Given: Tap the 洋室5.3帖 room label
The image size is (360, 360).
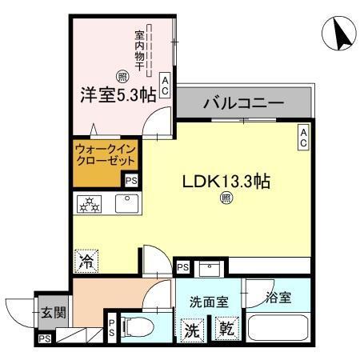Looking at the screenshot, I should tap(117, 94).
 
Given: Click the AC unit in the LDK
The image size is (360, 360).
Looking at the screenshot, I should tap(304, 137).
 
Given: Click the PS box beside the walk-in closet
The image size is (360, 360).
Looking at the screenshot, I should tap(130, 182).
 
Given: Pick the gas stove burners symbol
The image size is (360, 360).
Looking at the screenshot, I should tap(89, 204).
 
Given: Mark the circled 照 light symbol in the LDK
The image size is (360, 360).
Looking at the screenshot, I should tap(226, 199).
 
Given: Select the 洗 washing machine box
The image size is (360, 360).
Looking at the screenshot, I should tap(194, 328).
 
